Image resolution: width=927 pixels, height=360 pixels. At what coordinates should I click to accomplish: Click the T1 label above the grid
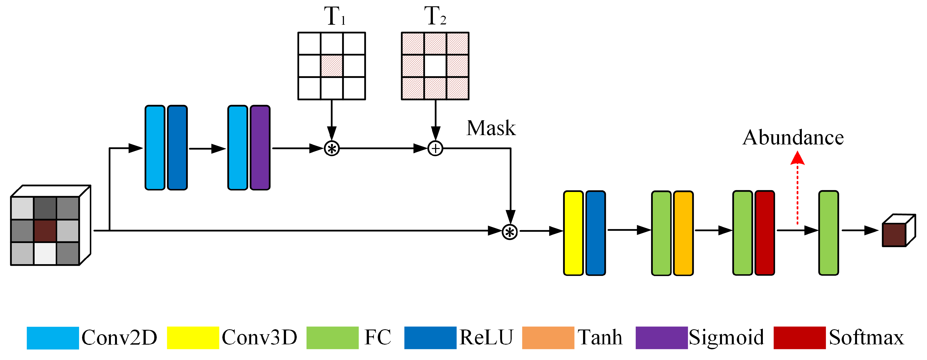tap(335, 16)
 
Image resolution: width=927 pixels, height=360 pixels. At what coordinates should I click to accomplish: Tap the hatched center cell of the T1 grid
tap(331, 66)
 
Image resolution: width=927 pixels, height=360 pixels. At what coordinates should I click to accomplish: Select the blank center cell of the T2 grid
tap(435, 66)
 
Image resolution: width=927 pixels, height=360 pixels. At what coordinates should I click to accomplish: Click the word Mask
tap(491, 128)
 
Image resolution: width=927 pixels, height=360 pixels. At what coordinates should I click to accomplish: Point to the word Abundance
tap(793, 138)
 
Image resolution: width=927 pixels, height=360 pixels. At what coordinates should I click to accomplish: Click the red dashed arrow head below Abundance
tap(797, 158)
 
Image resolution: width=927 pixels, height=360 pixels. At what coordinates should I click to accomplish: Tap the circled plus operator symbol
tap(435, 148)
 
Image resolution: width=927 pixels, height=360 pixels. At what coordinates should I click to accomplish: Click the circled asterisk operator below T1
tap(331, 148)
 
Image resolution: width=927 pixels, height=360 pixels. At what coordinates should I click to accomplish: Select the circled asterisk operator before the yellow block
tap(509, 232)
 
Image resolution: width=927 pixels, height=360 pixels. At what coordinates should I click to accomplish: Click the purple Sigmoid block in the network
tap(260, 148)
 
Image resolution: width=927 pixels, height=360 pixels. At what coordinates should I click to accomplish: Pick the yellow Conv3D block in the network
tap(573, 233)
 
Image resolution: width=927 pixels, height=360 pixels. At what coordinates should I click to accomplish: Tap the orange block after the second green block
tap(683, 233)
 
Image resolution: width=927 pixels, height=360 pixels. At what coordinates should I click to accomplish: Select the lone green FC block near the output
tap(828, 233)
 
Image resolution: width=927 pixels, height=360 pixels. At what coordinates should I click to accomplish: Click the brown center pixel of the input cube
tap(45, 231)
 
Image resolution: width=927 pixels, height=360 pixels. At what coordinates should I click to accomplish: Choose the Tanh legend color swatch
tap(548, 338)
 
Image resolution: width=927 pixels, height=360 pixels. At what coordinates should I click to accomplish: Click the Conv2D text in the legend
tap(119, 338)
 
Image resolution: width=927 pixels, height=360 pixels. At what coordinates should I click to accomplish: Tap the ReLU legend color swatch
tap(430, 338)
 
